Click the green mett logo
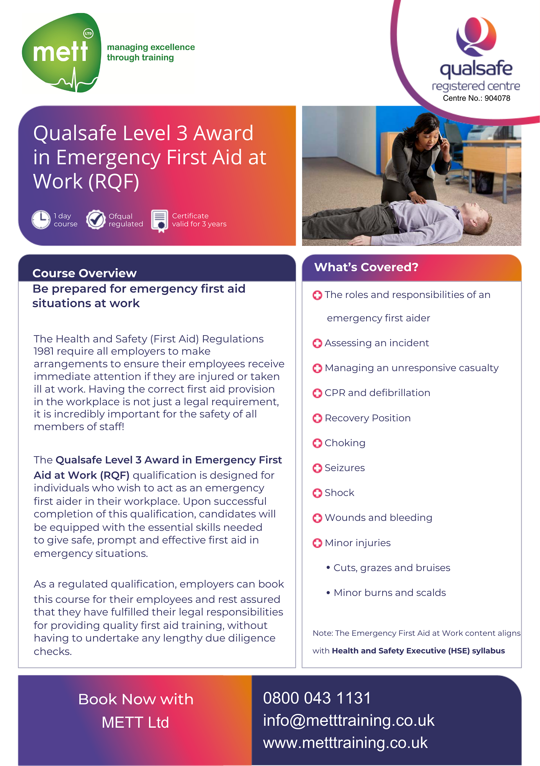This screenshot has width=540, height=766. coord(61,53)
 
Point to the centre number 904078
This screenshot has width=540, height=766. coord(497,98)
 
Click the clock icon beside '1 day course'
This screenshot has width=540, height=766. coord(41,220)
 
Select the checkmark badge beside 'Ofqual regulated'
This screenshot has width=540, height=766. coord(95,220)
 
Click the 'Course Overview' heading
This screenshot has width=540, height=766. coord(84,273)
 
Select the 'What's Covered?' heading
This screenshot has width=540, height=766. coord(366,267)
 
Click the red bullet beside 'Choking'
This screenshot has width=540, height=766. coord(317,443)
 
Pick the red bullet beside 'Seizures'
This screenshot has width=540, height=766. coord(317,468)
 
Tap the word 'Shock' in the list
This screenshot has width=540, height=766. coord(339,493)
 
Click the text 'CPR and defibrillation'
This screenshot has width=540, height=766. coord(377,393)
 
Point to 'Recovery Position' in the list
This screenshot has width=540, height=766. coord(368,418)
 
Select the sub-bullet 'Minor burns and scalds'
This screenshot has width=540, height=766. coord(389,593)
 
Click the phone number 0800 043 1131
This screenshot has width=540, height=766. coord(317,698)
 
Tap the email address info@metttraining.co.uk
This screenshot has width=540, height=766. coord(349,720)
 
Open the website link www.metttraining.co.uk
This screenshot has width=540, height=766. coord(345,743)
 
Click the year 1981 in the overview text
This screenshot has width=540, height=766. coord(44,351)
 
